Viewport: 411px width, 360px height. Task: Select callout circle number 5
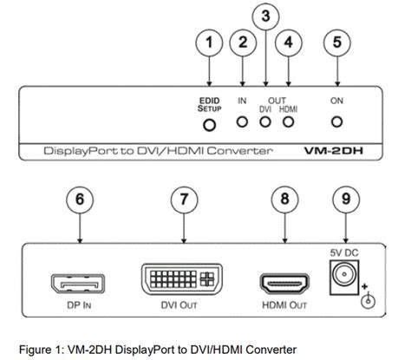click(336, 43)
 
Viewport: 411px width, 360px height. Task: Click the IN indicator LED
click(244, 123)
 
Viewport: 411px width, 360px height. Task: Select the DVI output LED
click(267, 123)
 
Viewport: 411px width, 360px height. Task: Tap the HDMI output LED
click(289, 123)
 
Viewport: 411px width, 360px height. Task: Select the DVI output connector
click(180, 283)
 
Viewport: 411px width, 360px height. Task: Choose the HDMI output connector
click(283, 285)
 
